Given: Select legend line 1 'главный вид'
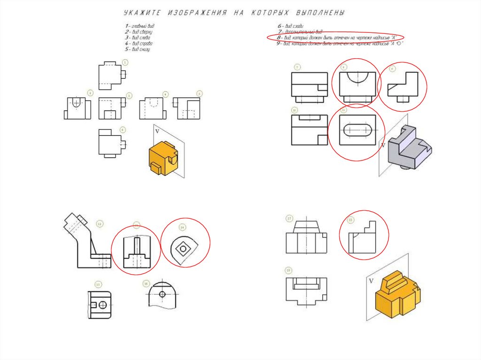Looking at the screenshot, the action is click(x=140, y=25).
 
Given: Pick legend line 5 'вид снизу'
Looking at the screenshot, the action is click(x=137, y=49).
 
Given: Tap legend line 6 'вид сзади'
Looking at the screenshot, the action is click(x=291, y=25).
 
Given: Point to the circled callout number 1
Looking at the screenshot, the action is click(x=124, y=62).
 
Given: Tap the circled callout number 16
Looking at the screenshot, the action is click(x=146, y=283).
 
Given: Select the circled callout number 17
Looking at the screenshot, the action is click(x=289, y=219).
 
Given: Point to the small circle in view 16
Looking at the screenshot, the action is click(x=162, y=294).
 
